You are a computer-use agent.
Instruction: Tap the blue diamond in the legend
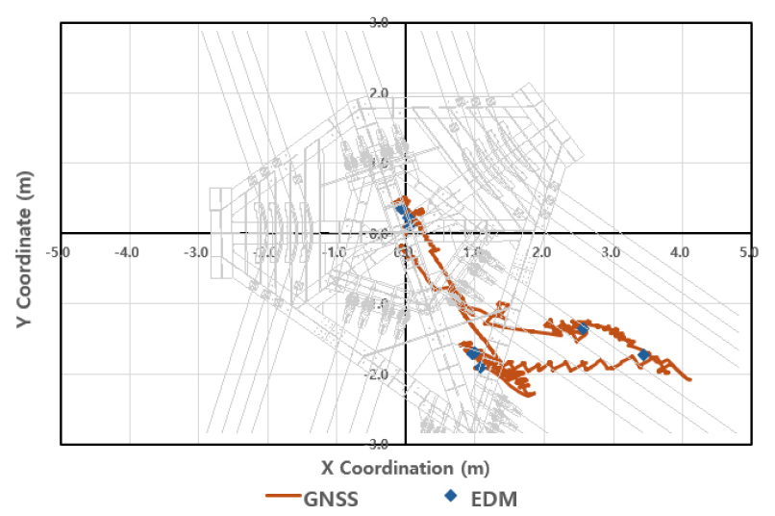pos(450,496)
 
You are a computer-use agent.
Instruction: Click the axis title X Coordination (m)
pos(404,468)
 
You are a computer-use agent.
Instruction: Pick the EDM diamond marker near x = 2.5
pos(582,329)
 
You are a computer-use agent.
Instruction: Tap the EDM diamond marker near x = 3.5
pos(643,355)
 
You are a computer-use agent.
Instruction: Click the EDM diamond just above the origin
pos(401,210)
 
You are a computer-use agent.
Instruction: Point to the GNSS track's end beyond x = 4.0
pos(689,379)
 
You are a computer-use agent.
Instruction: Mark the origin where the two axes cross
pos(406,233)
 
